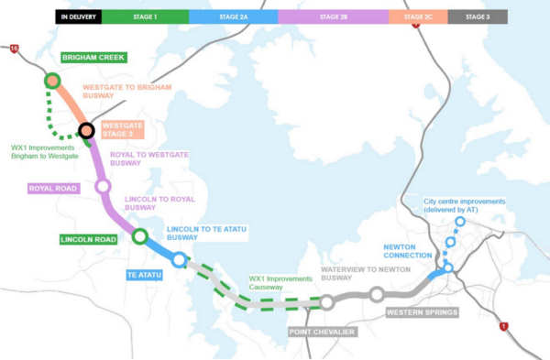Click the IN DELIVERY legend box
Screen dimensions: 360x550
78,16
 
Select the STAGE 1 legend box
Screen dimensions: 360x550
145,16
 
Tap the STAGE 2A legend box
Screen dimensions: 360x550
233,16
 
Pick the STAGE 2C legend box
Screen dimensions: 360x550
418,16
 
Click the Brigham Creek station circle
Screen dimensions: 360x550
51,81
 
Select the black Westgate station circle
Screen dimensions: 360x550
87,131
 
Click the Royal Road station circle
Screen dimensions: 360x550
103,186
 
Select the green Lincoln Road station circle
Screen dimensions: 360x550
139,236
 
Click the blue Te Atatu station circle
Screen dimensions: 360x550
179,259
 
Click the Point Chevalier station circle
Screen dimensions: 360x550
326,302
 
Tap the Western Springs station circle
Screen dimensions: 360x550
377,294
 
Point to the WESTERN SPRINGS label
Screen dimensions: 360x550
421,312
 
